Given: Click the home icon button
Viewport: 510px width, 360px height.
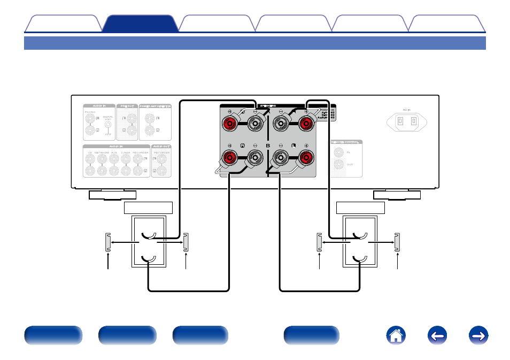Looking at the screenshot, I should click(396, 335).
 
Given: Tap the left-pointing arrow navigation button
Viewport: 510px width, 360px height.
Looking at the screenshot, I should click(436, 335).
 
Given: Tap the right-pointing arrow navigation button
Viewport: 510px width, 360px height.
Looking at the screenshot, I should click(477, 335).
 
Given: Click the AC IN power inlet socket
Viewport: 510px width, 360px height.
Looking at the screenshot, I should click(406, 121).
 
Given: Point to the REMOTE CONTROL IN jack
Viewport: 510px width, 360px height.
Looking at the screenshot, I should click(339, 152).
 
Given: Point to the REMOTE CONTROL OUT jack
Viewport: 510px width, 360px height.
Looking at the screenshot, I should click(339, 165).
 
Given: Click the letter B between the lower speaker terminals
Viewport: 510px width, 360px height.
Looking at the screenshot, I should click(268, 145).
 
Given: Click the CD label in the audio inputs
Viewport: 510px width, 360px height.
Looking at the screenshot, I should click(89, 152).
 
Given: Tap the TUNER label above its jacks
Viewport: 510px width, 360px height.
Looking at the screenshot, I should click(126, 152).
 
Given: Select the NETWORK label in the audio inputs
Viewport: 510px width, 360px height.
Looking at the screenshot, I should click(102, 152).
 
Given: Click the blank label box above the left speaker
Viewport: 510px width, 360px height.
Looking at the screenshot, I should click(148, 208).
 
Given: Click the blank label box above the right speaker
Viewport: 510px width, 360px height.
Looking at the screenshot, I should click(360, 208).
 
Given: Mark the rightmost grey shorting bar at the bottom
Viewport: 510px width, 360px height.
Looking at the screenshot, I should click(397, 242).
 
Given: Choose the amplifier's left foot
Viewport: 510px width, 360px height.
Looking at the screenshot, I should click(112, 195).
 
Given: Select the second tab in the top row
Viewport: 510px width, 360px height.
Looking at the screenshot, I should click(140, 24).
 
